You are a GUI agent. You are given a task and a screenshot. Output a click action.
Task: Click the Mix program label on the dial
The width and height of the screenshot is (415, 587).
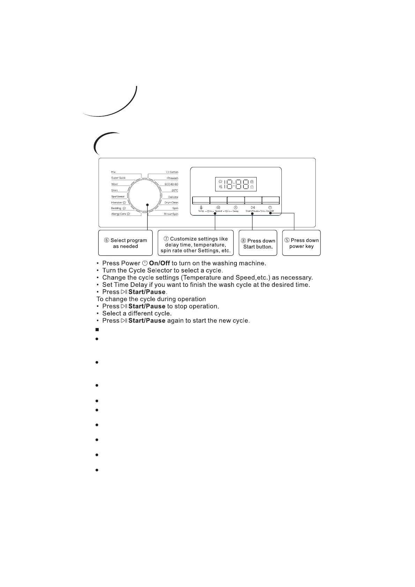tap(113, 172)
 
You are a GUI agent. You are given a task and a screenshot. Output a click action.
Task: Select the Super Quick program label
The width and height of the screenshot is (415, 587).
tap(118, 178)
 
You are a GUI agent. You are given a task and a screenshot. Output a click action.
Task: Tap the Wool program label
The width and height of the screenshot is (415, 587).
tap(114, 184)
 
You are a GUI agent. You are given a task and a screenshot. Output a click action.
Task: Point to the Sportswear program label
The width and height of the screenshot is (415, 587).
tap(118, 197)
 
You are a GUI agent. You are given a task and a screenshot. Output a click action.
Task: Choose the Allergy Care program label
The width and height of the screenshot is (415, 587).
tap(119, 214)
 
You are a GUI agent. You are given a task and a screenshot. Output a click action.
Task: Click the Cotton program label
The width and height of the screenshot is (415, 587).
tap(174, 172)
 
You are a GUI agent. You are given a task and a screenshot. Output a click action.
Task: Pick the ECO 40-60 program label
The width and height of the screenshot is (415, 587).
tap(171, 184)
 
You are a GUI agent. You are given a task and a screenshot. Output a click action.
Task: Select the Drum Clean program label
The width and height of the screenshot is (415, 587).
tap(171, 203)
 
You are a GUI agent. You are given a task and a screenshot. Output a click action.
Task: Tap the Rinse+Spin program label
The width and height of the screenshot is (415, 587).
tap(171, 214)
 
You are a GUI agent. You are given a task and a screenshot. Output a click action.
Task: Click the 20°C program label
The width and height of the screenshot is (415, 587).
tap(175, 190)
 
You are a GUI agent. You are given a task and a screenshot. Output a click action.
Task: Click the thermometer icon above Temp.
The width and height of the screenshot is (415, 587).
tap(201, 207)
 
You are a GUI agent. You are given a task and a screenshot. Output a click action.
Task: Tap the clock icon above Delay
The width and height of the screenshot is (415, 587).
tap(236, 207)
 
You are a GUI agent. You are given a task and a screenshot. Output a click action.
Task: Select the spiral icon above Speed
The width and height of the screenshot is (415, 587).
tap(218, 207)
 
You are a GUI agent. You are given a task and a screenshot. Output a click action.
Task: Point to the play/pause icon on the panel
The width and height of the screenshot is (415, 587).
tap(253, 207)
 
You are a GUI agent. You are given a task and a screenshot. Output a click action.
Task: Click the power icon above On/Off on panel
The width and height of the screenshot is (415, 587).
tap(270, 207)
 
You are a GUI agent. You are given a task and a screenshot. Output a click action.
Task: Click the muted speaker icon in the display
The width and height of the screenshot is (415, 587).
tap(220, 187)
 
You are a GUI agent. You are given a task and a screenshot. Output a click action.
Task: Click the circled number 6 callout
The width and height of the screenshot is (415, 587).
tap(107, 241)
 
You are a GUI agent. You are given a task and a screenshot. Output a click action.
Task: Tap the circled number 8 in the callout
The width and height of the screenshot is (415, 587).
tap(243, 241)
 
